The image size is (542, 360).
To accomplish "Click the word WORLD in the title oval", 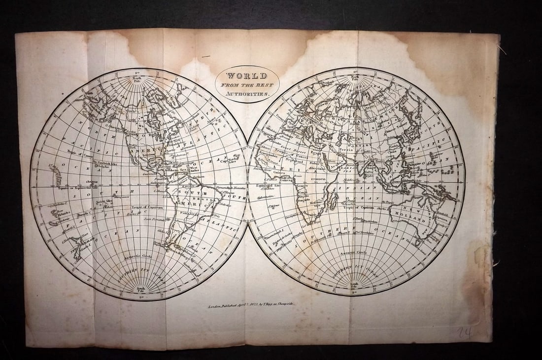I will coord(247,76).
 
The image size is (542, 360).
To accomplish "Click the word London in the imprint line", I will coord(216,306).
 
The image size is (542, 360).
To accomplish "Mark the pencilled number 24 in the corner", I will coord(464,333).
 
